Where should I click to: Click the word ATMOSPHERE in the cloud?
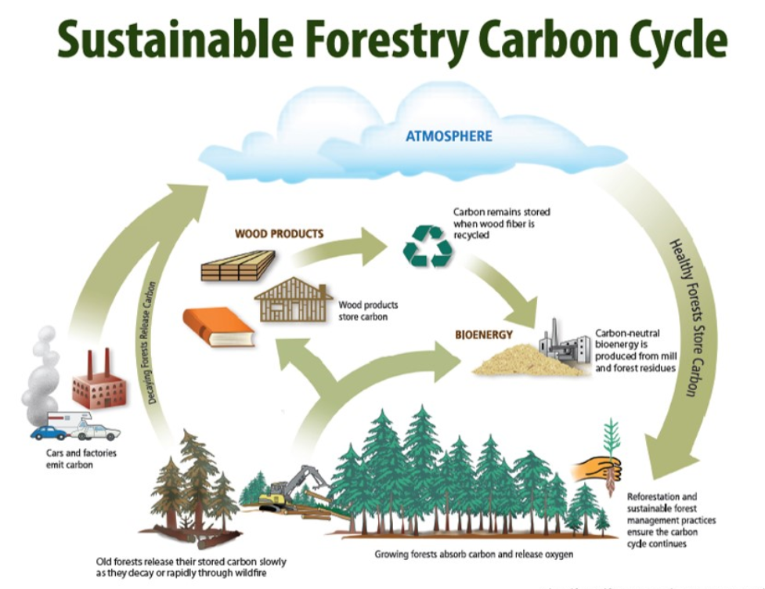(449, 136)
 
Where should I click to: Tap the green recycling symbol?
(428, 246)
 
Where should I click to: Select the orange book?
(218, 327)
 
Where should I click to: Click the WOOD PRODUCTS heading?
(279, 233)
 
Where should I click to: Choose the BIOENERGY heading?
(484, 335)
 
